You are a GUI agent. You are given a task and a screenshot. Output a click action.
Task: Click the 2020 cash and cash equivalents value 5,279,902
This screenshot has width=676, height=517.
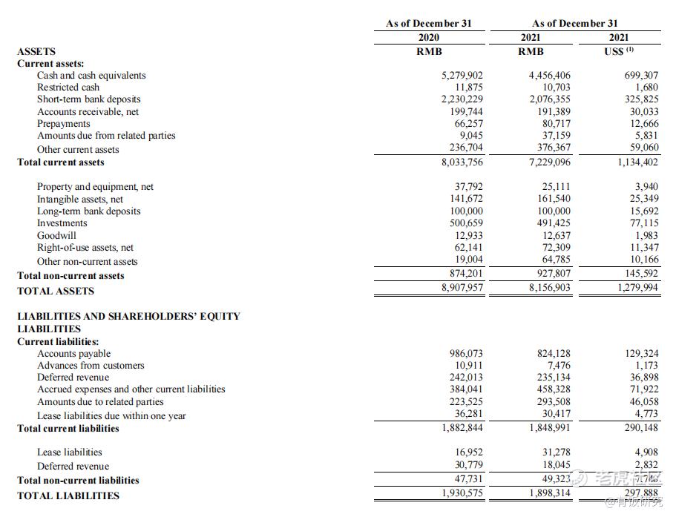pos(462,76)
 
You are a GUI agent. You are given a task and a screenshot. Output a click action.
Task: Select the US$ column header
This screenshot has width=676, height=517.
pos(618,51)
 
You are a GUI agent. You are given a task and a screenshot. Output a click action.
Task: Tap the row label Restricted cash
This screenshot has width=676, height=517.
pos(68,88)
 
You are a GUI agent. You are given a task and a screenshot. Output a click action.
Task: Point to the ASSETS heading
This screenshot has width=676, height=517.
pos(36,52)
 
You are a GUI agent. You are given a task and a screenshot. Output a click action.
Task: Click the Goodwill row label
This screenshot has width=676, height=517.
pos(56,236)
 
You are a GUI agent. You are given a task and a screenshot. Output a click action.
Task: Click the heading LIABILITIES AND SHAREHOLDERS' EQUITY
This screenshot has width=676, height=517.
pos(128,316)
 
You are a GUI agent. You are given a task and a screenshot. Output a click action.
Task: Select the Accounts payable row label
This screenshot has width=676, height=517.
pos(73,354)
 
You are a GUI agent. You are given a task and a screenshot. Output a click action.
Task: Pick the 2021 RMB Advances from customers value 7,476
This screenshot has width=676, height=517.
pos(558,366)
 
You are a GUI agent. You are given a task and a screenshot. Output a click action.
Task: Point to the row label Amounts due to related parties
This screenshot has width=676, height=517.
pos(100,402)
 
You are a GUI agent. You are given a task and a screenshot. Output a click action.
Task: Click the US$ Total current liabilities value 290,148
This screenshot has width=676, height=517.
pos(636,428)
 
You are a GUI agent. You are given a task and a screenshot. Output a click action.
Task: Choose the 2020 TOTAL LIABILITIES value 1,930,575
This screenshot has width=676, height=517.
pos(462,493)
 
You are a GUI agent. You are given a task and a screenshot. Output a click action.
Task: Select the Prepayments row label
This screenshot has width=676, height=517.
pos(64,124)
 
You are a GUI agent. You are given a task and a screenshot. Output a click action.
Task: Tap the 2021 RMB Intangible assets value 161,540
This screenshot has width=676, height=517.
pos(554,200)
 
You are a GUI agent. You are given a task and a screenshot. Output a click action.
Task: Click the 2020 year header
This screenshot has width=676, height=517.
pos(428,38)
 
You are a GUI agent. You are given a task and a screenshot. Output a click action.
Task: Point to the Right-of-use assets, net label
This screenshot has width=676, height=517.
pos(85,248)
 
